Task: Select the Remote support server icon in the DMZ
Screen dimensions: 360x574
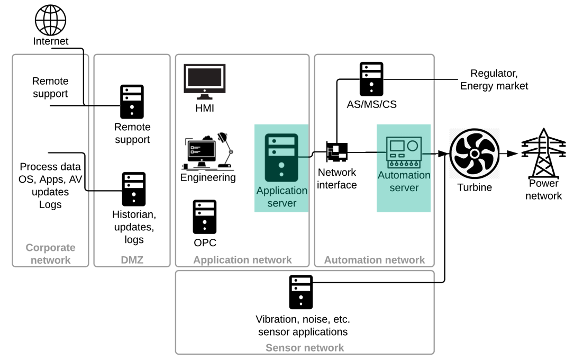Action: pos(132,101)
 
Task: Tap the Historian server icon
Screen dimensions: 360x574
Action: pos(134,189)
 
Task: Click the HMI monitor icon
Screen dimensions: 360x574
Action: pos(204,82)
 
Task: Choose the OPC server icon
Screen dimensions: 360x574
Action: pos(204,217)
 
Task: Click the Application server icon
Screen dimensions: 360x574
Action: pos(281,158)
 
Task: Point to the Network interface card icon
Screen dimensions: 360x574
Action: pos(337,152)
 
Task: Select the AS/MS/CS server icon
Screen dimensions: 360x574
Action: pos(371,79)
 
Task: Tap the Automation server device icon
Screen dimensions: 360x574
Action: pos(404,152)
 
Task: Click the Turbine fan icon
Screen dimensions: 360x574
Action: pos(475,154)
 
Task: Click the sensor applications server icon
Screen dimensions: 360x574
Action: pos(300,292)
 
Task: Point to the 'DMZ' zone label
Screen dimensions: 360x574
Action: pos(132,260)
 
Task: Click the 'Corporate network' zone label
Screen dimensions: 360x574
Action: pos(50,254)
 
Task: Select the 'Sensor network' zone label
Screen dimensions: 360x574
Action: pos(305,348)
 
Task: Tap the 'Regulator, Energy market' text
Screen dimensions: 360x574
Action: pos(494,79)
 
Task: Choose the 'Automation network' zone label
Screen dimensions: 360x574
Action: pos(374,260)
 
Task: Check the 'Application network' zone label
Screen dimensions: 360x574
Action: pos(242,260)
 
